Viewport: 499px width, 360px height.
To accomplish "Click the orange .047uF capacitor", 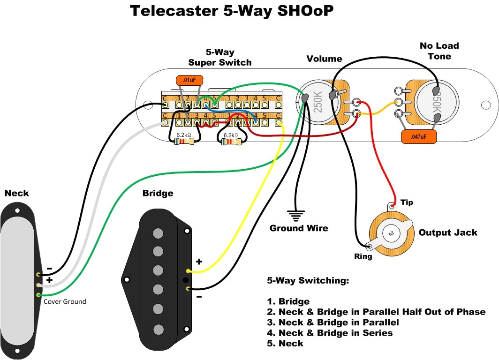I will pos(419,136).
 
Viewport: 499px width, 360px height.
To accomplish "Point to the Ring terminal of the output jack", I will pos(369,246).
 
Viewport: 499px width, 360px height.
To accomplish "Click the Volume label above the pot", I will pos(324,59).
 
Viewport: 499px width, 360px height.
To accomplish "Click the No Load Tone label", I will pos(439,51).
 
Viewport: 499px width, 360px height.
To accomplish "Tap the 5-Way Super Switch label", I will pos(220,58).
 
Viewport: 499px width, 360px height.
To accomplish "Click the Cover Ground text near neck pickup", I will pos(65,301).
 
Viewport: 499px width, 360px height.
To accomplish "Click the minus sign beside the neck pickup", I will pos(49,269).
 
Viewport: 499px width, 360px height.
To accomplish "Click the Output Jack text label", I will pos(448,232).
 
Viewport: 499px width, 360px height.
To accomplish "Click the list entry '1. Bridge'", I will pos(288,301).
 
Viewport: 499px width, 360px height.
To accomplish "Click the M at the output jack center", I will pos(390,233).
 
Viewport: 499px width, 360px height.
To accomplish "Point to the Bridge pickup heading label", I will pos(158,193).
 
